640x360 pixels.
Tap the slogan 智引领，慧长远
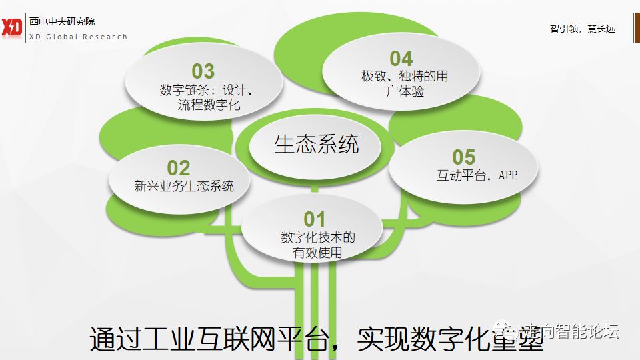point(582,29)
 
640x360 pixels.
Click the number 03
point(203,71)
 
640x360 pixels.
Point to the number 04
point(401,59)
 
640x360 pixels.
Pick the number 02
point(179,168)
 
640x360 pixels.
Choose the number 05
point(464,157)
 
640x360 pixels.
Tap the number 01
point(315,219)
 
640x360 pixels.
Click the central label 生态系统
point(317,145)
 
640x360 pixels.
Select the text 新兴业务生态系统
point(184,186)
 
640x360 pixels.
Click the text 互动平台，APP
point(477,176)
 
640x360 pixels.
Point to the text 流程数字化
point(209,105)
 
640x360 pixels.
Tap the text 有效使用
point(317,253)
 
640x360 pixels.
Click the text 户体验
point(405,92)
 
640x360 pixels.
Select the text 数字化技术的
point(318,237)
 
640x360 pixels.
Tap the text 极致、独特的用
point(405,76)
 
